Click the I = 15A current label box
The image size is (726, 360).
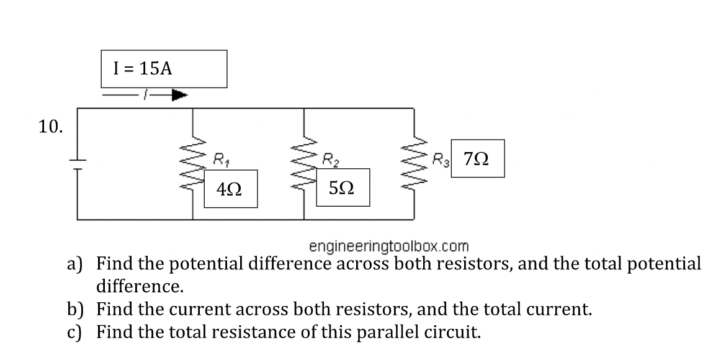coord(164,69)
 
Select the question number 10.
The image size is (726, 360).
coord(50,127)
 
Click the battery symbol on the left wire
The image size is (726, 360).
coord(78,164)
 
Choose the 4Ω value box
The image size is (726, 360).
coord(229,190)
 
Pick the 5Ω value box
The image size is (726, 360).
coord(342,187)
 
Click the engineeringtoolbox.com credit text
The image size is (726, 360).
coord(389,246)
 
